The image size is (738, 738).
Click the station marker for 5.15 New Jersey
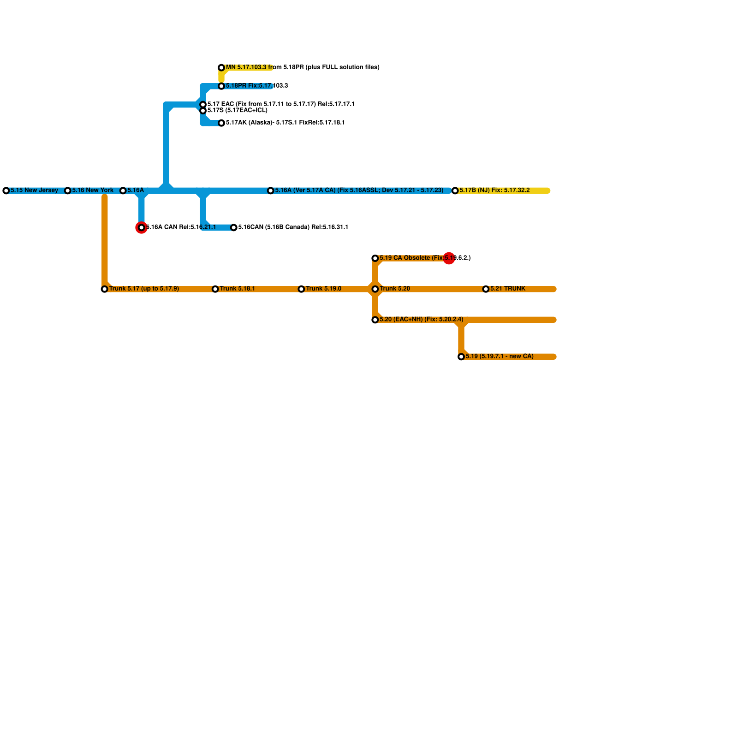click(6, 190)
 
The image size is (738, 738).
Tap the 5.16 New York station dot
click(68, 190)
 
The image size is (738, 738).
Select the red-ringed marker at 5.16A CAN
click(142, 227)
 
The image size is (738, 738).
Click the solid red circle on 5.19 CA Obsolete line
click(449, 258)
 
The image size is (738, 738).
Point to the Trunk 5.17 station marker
click(105, 289)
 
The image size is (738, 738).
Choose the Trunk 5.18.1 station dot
click(215, 289)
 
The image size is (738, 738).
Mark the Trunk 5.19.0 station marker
click(301, 289)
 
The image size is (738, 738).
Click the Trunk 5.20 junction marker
click(375, 289)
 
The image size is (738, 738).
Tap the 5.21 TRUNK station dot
click(486, 289)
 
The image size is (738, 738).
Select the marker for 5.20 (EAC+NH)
click(375, 320)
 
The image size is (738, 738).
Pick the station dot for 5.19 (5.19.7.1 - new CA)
click(461, 357)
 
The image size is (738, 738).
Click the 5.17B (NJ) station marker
click(455, 190)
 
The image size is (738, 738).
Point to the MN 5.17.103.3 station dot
click(221, 68)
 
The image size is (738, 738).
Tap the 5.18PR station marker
click(221, 86)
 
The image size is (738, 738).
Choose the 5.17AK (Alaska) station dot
click(221, 123)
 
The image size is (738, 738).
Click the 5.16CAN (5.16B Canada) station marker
click(234, 227)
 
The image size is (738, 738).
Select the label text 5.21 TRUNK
click(508, 289)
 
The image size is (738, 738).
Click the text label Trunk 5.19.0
click(323, 289)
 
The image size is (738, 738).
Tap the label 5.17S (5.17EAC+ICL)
click(237, 111)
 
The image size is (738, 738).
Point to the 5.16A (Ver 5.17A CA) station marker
click(271, 190)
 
